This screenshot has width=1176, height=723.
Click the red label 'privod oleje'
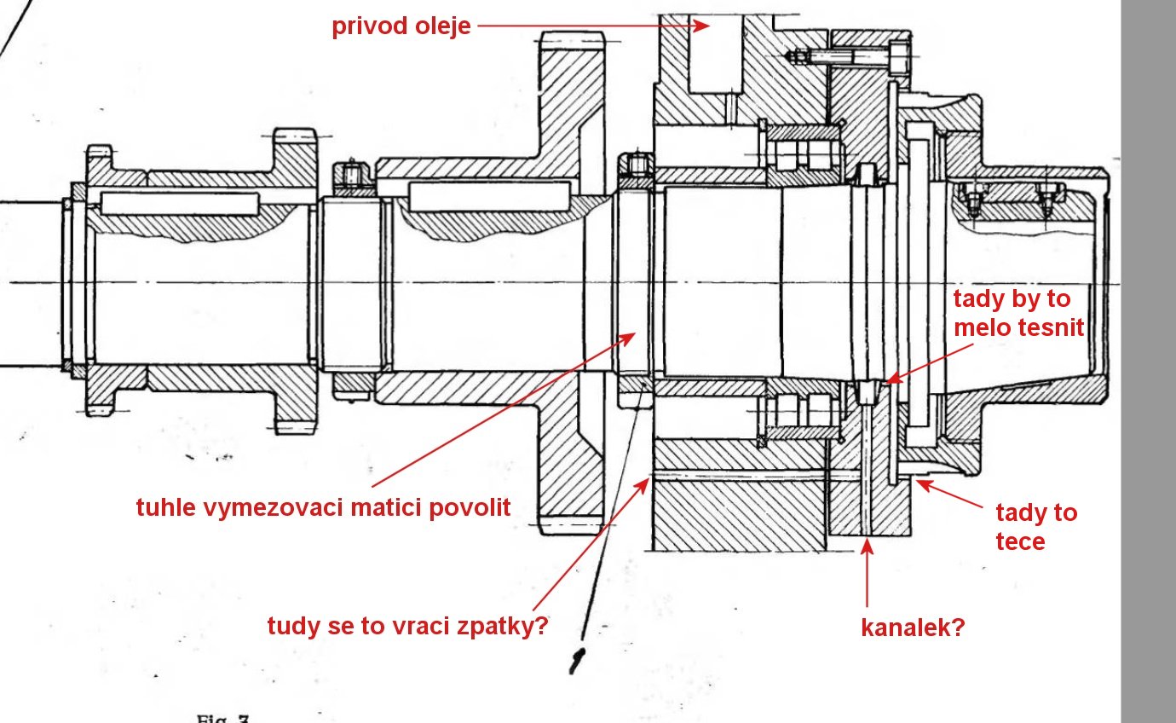click(x=401, y=26)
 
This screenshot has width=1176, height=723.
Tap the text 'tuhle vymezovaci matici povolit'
click(x=323, y=508)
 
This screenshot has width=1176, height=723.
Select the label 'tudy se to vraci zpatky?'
click(x=406, y=627)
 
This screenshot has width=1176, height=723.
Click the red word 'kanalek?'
click(x=914, y=629)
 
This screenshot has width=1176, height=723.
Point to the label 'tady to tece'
click(x=1036, y=527)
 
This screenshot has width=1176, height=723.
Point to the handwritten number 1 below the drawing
click(x=579, y=658)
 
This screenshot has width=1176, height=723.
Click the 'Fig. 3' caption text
click(x=223, y=718)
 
